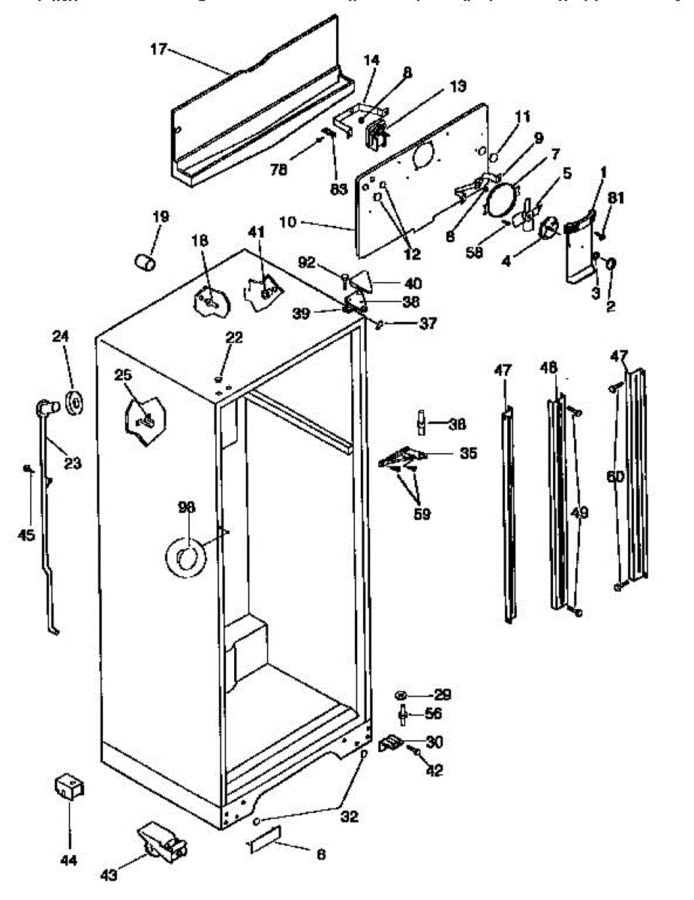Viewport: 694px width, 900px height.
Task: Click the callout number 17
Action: click(158, 50)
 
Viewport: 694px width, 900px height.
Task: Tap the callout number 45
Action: click(26, 535)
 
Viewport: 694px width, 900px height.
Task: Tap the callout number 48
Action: click(549, 367)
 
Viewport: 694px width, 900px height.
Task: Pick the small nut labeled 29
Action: click(402, 694)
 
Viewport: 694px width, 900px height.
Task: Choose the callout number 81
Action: click(615, 198)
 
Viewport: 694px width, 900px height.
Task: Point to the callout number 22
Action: click(234, 338)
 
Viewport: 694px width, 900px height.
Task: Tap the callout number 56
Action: click(434, 714)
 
